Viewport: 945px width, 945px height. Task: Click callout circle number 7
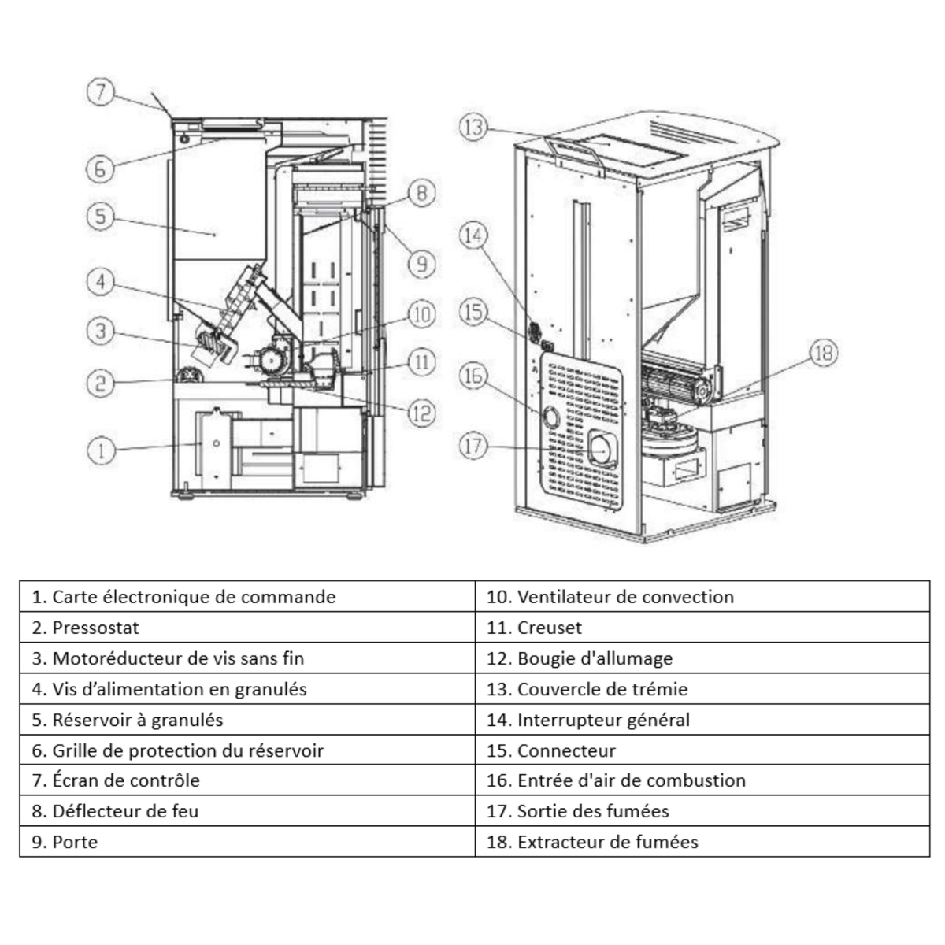(100, 91)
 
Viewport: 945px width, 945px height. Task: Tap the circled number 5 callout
(100, 217)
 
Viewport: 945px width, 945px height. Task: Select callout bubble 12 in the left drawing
(422, 413)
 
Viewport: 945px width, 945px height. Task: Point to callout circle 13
(473, 128)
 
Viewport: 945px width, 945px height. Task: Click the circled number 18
(824, 353)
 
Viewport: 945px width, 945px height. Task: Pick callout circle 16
(473, 376)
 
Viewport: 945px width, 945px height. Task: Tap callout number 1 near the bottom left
(101, 450)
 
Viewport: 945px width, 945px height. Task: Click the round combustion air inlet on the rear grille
(550, 417)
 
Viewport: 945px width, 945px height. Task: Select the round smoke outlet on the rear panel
(602, 449)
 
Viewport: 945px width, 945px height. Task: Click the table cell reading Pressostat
(247, 627)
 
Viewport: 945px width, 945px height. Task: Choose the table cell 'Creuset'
(702, 627)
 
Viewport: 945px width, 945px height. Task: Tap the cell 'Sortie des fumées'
(702, 811)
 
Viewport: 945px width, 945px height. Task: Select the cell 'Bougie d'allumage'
(702, 658)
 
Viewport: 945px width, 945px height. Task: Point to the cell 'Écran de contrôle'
(247, 780)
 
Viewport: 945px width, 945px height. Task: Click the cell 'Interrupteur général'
(702, 720)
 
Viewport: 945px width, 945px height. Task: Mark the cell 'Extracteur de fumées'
(702, 842)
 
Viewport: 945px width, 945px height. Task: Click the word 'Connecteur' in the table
(566, 750)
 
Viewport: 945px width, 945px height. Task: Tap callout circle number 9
(422, 265)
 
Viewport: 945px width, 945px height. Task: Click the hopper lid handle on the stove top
(574, 150)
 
